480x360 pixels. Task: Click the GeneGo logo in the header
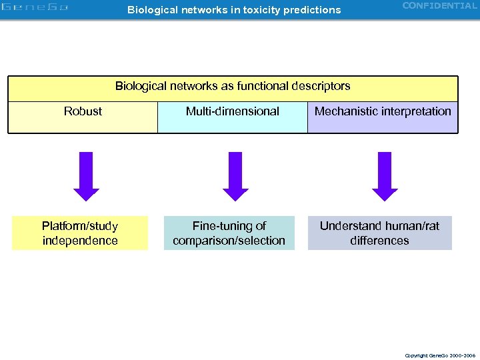pyautogui.click(x=35, y=8)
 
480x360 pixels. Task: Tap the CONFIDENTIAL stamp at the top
pyautogui.click(x=439, y=6)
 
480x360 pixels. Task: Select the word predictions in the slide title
pyautogui.click(x=314, y=10)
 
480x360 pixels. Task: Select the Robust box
pyautogui.click(x=83, y=117)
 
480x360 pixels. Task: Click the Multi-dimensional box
pyautogui.click(x=232, y=117)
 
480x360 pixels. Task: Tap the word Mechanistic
pyautogui.click(x=347, y=111)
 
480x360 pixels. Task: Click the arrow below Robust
pyautogui.click(x=86, y=176)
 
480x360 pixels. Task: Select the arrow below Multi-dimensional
pyautogui.click(x=235, y=176)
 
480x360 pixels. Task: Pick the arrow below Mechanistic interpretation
pyautogui.click(x=385, y=176)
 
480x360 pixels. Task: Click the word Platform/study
pyautogui.click(x=80, y=226)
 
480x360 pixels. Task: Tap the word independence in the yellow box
pyautogui.click(x=80, y=241)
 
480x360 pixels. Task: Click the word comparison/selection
pyautogui.click(x=229, y=241)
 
